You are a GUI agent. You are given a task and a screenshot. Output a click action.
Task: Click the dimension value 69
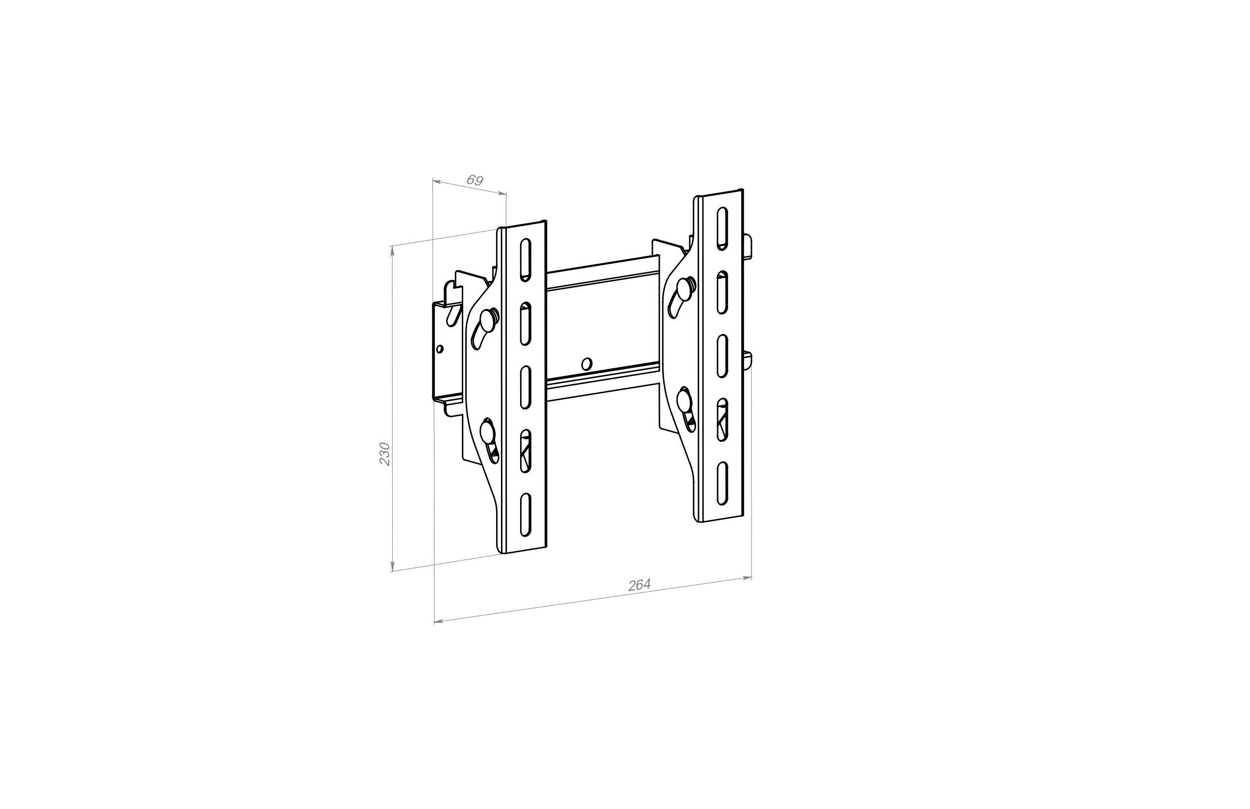click(475, 180)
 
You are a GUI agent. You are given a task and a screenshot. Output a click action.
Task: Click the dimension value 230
click(385, 454)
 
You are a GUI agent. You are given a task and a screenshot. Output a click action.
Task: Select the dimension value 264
click(640, 584)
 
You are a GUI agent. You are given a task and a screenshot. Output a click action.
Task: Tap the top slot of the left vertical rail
click(525, 260)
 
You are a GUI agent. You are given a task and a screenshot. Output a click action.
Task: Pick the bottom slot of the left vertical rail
click(525, 514)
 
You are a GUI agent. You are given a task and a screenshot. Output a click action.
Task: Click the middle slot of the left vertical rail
click(525, 387)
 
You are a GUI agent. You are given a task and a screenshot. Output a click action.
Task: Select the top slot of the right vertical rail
click(723, 228)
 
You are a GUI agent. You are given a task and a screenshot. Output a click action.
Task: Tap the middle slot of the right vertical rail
click(723, 355)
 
